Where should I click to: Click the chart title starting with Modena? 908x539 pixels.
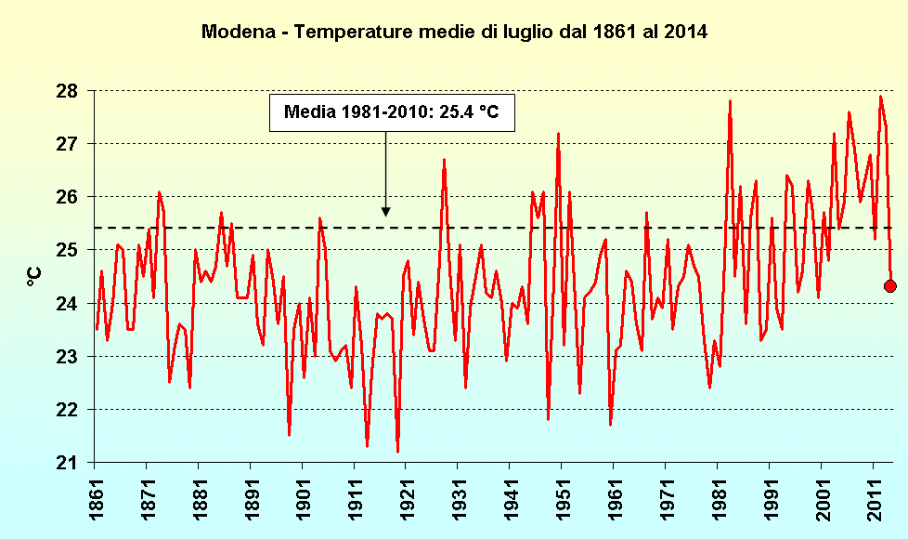(454, 32)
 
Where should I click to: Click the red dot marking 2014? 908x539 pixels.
(889, 286)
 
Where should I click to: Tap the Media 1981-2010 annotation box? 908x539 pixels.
(391, 112)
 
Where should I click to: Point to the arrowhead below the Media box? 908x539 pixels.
(385, 213)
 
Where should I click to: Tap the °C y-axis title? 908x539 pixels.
(33, 276)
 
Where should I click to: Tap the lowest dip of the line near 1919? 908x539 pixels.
(397, 452)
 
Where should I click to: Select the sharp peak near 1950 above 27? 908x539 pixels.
(558, 134)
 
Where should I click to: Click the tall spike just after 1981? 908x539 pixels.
(730, 101)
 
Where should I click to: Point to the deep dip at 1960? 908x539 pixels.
(610, 425)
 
